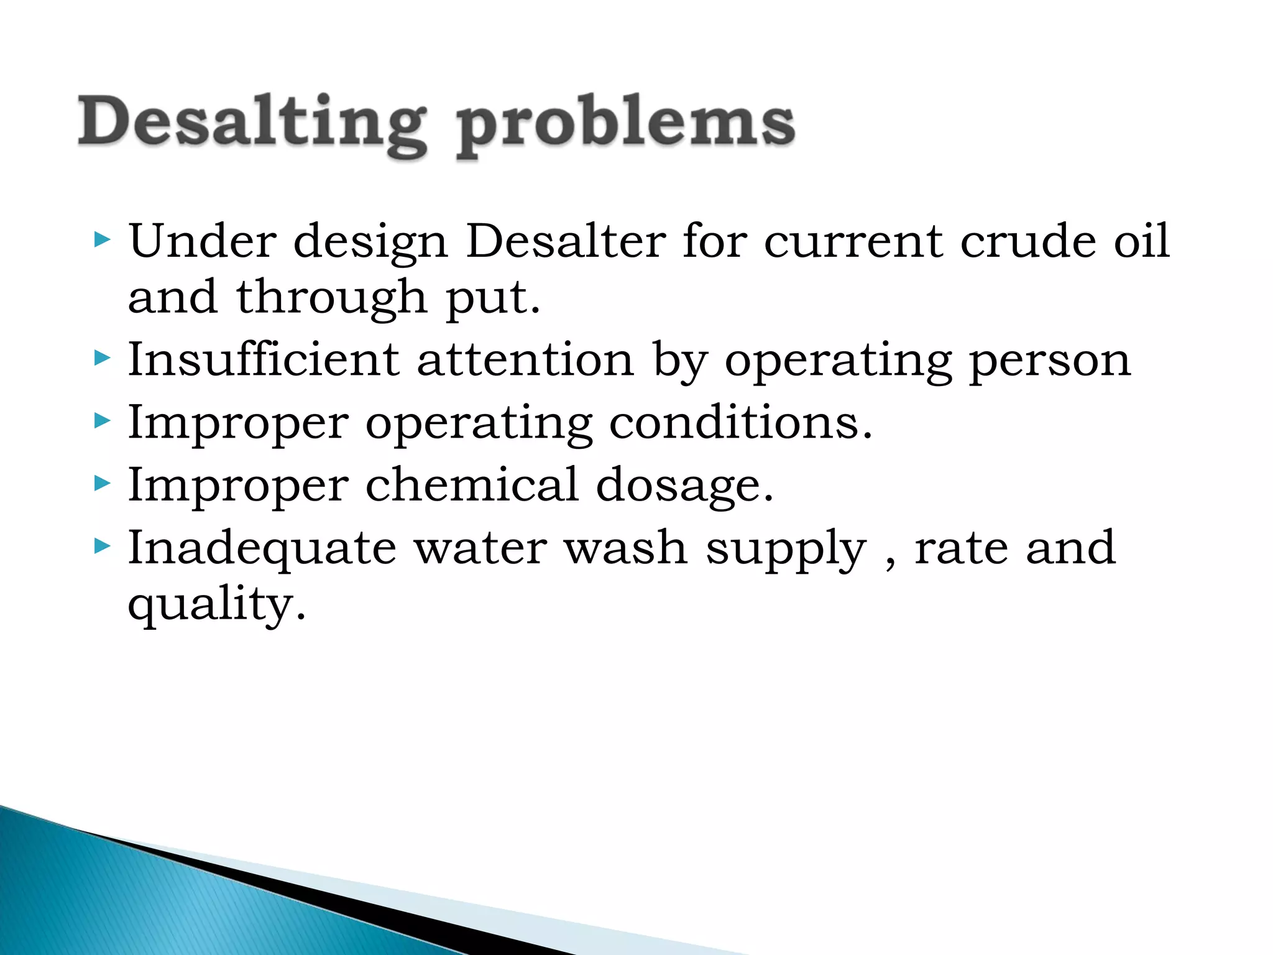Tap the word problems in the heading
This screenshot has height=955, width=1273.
coord(625,124)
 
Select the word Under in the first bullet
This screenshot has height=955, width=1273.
coord(203,241)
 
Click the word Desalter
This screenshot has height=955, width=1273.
coord(566,241)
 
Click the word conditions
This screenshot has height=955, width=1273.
coord(740,423)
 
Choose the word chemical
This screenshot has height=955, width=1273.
coord(472,484)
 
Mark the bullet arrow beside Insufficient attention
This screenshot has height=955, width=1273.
coord(102,358)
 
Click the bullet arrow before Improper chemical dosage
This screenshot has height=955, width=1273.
coord(102,483)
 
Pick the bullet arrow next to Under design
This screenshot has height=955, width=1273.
coord(102,239)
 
